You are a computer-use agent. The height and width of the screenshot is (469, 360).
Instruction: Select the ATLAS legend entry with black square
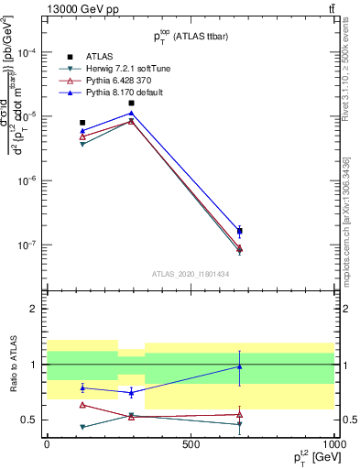pyautogui.click(x=102, y=57)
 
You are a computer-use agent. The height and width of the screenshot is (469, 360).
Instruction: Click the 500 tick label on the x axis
pyautogui.click(x=191, y=444)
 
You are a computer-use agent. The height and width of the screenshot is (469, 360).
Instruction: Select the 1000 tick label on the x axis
pyautogui.click(x=334, y=444)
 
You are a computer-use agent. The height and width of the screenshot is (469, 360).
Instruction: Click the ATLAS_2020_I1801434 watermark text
pyautogui.click(x=191, y=273)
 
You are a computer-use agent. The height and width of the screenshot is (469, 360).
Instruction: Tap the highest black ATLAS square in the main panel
pyautogui.click(x=132, y=103)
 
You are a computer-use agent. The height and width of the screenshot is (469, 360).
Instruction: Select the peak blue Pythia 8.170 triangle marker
pyautogui.click(x=132, y=114)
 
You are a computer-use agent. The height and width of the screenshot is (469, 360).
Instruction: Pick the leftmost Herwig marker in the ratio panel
pyautogui.click(x=82, y=427)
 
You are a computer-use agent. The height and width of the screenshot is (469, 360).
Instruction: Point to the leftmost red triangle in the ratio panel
pyautogui.click(x=82, y=404)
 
